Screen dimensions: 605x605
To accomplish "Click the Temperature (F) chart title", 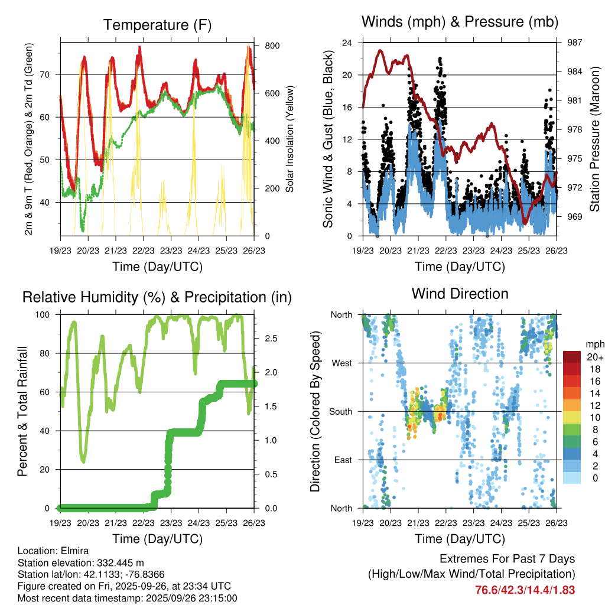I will (157, 25).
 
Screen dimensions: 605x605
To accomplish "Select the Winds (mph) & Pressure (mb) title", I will (460, 22).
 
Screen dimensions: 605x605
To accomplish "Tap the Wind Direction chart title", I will (460, 294).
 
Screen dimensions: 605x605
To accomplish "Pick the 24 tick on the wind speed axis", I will (347, 43).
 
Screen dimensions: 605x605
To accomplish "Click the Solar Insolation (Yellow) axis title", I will (290, 139).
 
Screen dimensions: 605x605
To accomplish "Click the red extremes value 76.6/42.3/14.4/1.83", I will (525, 590).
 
